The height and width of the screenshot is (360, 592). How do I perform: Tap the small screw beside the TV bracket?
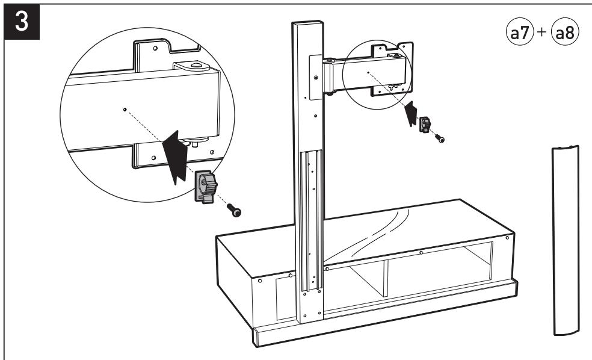pyautogui.click(x=440, y=139)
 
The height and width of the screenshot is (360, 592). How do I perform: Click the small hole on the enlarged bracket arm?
pyautogui.click(x=123, y=109)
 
